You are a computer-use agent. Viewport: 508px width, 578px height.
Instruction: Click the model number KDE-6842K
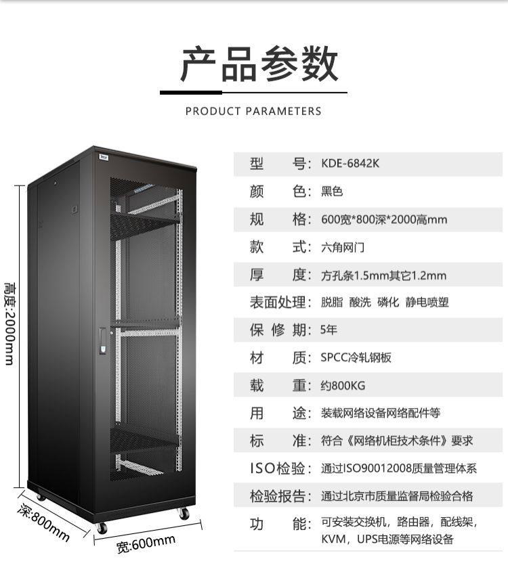pyautogui.click(x=350, y=163)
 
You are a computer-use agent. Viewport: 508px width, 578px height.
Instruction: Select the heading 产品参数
pyautogui.click(x=259, y=64)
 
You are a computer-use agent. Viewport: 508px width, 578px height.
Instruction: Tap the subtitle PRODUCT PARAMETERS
pyautogui.click(x=253, y=111)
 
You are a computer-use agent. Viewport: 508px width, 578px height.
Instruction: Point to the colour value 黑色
pyautogui.click(x=332, y=192)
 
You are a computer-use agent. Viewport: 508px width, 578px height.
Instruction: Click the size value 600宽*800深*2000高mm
pyautogui.click(x=384, y=219)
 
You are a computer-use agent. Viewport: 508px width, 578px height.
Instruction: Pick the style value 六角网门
pyautogui.click(x=343, y=247)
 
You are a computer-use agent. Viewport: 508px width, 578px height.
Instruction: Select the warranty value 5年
pyautogui.click(x=329, y=330)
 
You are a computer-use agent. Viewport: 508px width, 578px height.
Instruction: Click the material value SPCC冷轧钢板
pyautogui.click(x=356, y=357)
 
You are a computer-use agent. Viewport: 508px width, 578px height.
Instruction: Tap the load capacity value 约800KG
pyautogui.click(x=343, y=385)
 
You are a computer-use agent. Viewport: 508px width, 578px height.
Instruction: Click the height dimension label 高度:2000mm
pyautogui.click(x=10, y=324)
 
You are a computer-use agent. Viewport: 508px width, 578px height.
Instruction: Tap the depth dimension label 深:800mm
pyautogui.click(x=43, y=522)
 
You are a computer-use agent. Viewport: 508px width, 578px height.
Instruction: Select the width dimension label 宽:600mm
pyautogui.click(x=146, y=544)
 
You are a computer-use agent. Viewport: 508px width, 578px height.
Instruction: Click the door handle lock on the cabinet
pyautogui.click(x=103, y=341)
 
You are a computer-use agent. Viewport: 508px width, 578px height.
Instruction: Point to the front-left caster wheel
pyautogui.click(x=102, y=528)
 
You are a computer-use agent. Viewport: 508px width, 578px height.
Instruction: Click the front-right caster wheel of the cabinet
pyautogui.click(x=184, y=513)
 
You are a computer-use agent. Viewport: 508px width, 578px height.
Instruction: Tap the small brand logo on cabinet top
pyautogui.click(x=104, y=158)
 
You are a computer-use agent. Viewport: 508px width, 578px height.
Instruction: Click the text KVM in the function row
pyautogui.click(x=333, y=539)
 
